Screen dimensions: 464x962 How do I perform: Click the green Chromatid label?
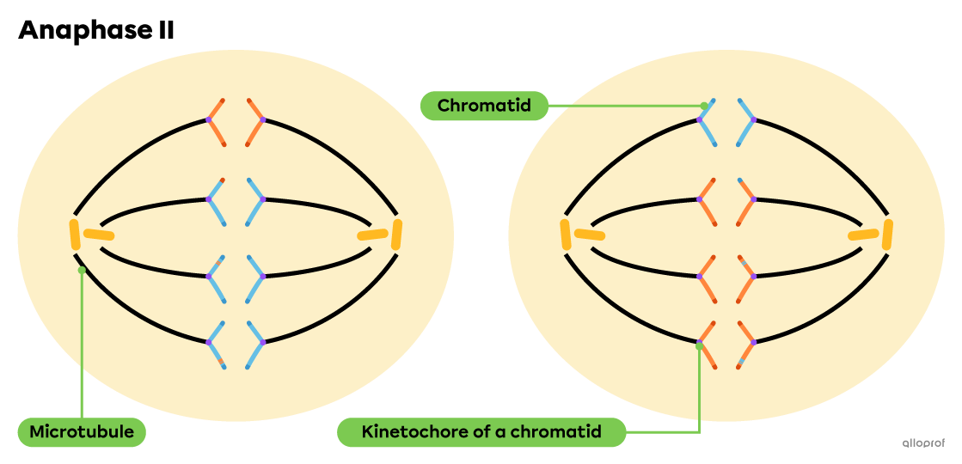click(484, 106)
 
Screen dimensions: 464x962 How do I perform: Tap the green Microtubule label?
click(82, 431)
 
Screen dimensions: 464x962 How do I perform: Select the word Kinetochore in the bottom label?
click(414, 431)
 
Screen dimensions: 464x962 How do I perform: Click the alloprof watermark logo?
click(922, 443)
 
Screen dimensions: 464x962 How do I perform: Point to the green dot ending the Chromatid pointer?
click(704, 106)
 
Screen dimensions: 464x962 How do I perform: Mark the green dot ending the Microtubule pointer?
click(82, 270)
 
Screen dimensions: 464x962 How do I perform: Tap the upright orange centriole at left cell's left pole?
click(76, 235)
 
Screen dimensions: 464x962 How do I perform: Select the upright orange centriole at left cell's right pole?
click(396, 235)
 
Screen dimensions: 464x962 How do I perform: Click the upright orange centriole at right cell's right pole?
click(887, 235)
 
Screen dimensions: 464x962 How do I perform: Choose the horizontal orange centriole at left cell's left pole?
click(99, 234)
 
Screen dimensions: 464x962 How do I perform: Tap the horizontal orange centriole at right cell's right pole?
click(862, 235)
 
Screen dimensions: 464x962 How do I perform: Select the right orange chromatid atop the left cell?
click(255, 121)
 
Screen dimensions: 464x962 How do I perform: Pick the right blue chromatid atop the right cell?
click(746, 121)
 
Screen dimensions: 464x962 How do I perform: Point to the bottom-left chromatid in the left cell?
click(216, 344)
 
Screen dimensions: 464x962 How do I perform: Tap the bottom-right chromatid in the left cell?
click(255, 344)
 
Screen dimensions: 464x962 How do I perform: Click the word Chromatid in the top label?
click(484, 106)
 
